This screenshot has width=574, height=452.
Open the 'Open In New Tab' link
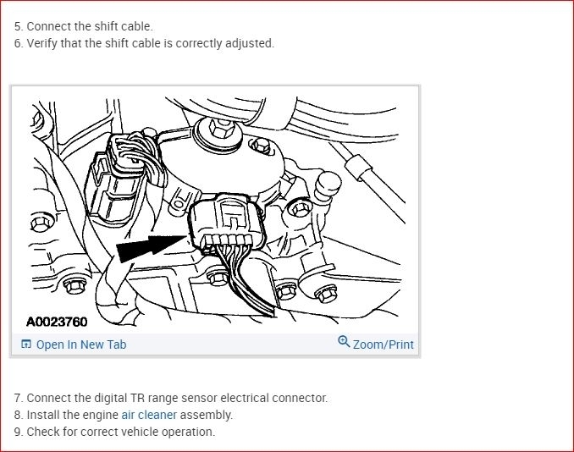pos(80,345)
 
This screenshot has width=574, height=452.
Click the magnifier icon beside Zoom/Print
pos(344,342)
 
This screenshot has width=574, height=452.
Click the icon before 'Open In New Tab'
pos(26,345)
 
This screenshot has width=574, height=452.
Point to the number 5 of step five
pos(18,26)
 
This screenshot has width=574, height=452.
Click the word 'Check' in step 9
pos(42,432)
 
